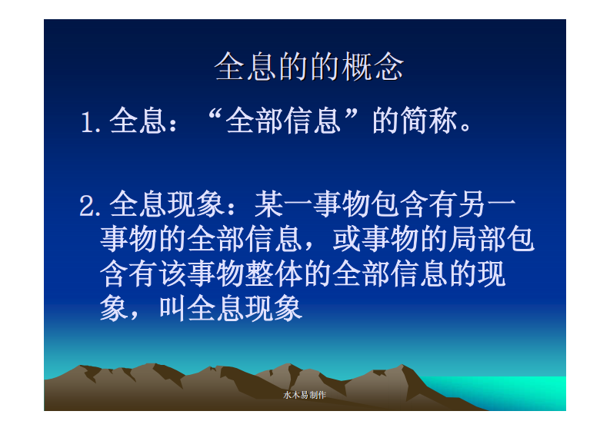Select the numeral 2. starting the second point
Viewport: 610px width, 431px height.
92,206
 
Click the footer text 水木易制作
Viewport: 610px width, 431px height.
305,395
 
